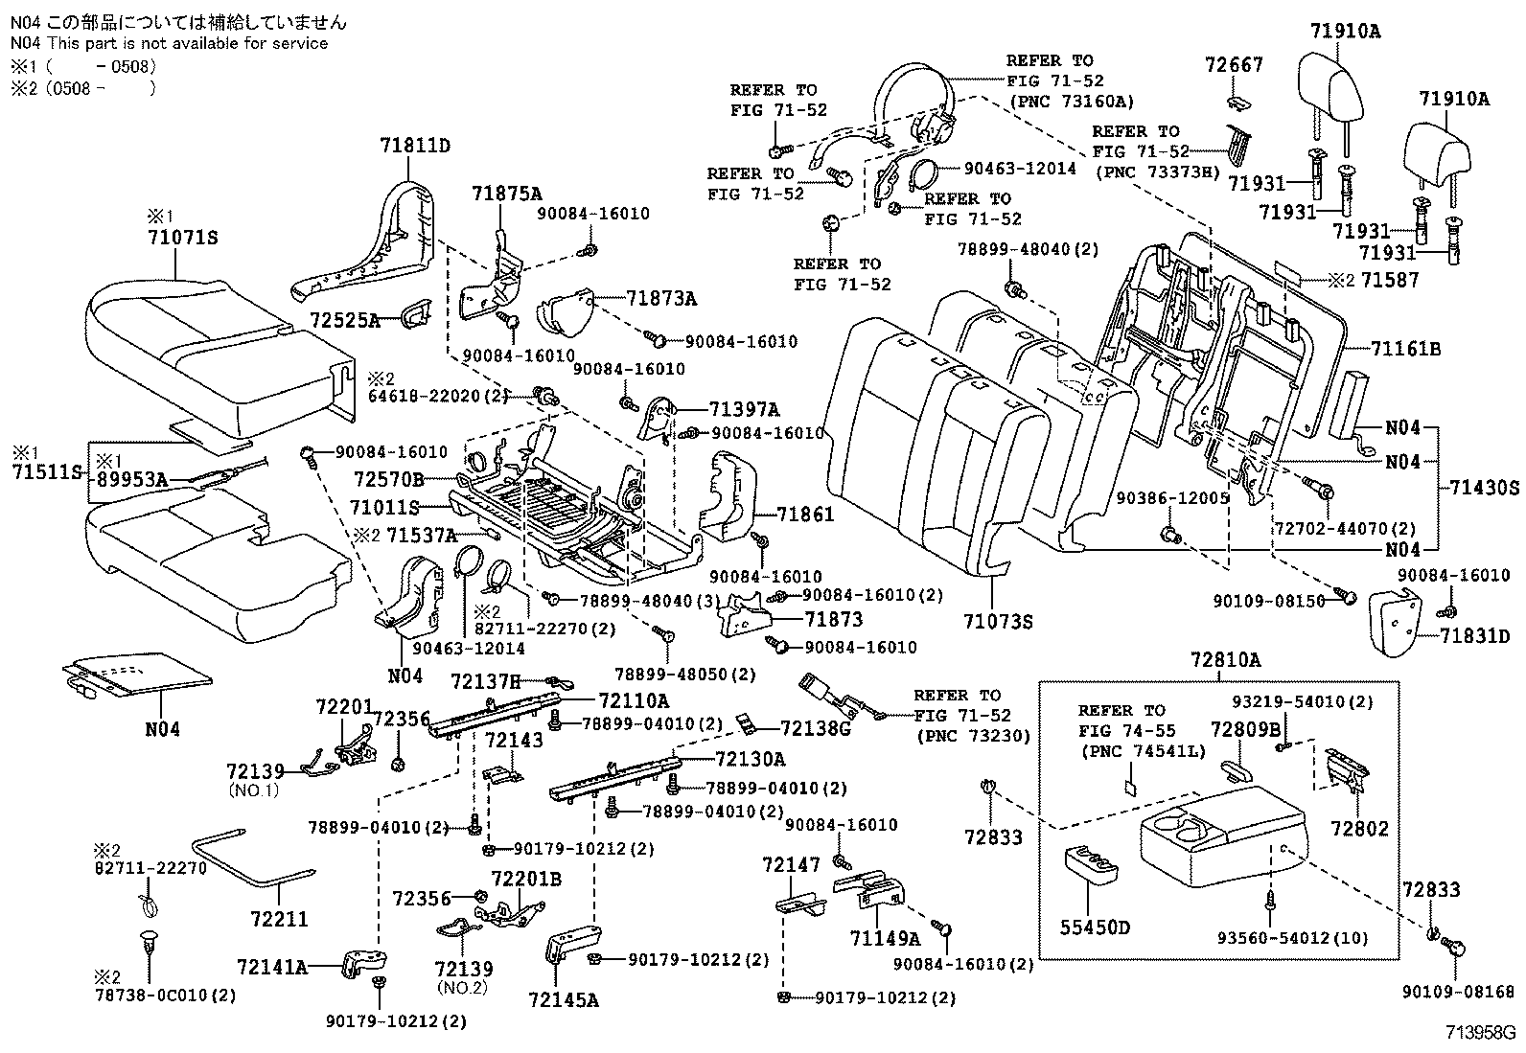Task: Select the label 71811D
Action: coord(414,146)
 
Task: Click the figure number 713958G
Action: coord(1482,1034)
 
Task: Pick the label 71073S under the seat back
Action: coord(998,622)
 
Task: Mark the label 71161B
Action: coord(1405,349)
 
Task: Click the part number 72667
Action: coord(1234,65)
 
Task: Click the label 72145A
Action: coord(563,1000)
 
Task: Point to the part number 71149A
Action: coord(884,937)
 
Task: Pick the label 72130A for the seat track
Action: coord(750,759)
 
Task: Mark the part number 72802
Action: coord(1359,828)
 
